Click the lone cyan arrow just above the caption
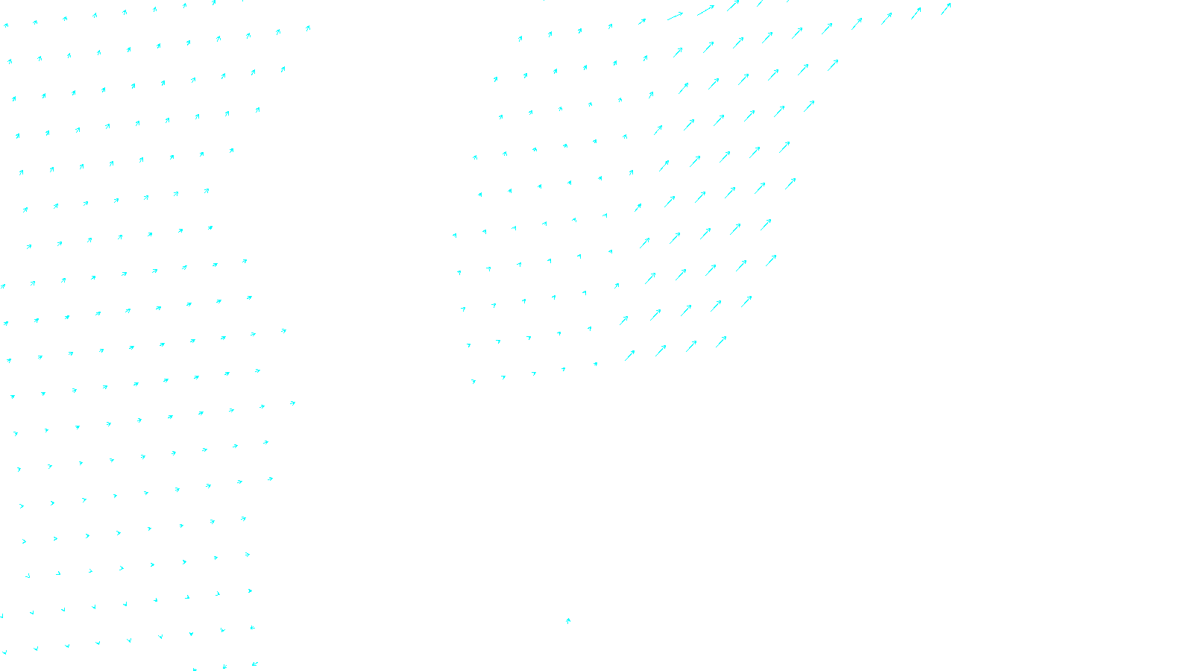point(568,620)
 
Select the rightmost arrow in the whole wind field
point(945,9)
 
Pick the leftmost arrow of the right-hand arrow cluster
point(454,236)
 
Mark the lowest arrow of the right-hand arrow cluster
point(473,382)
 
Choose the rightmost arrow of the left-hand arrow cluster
point(308,28)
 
